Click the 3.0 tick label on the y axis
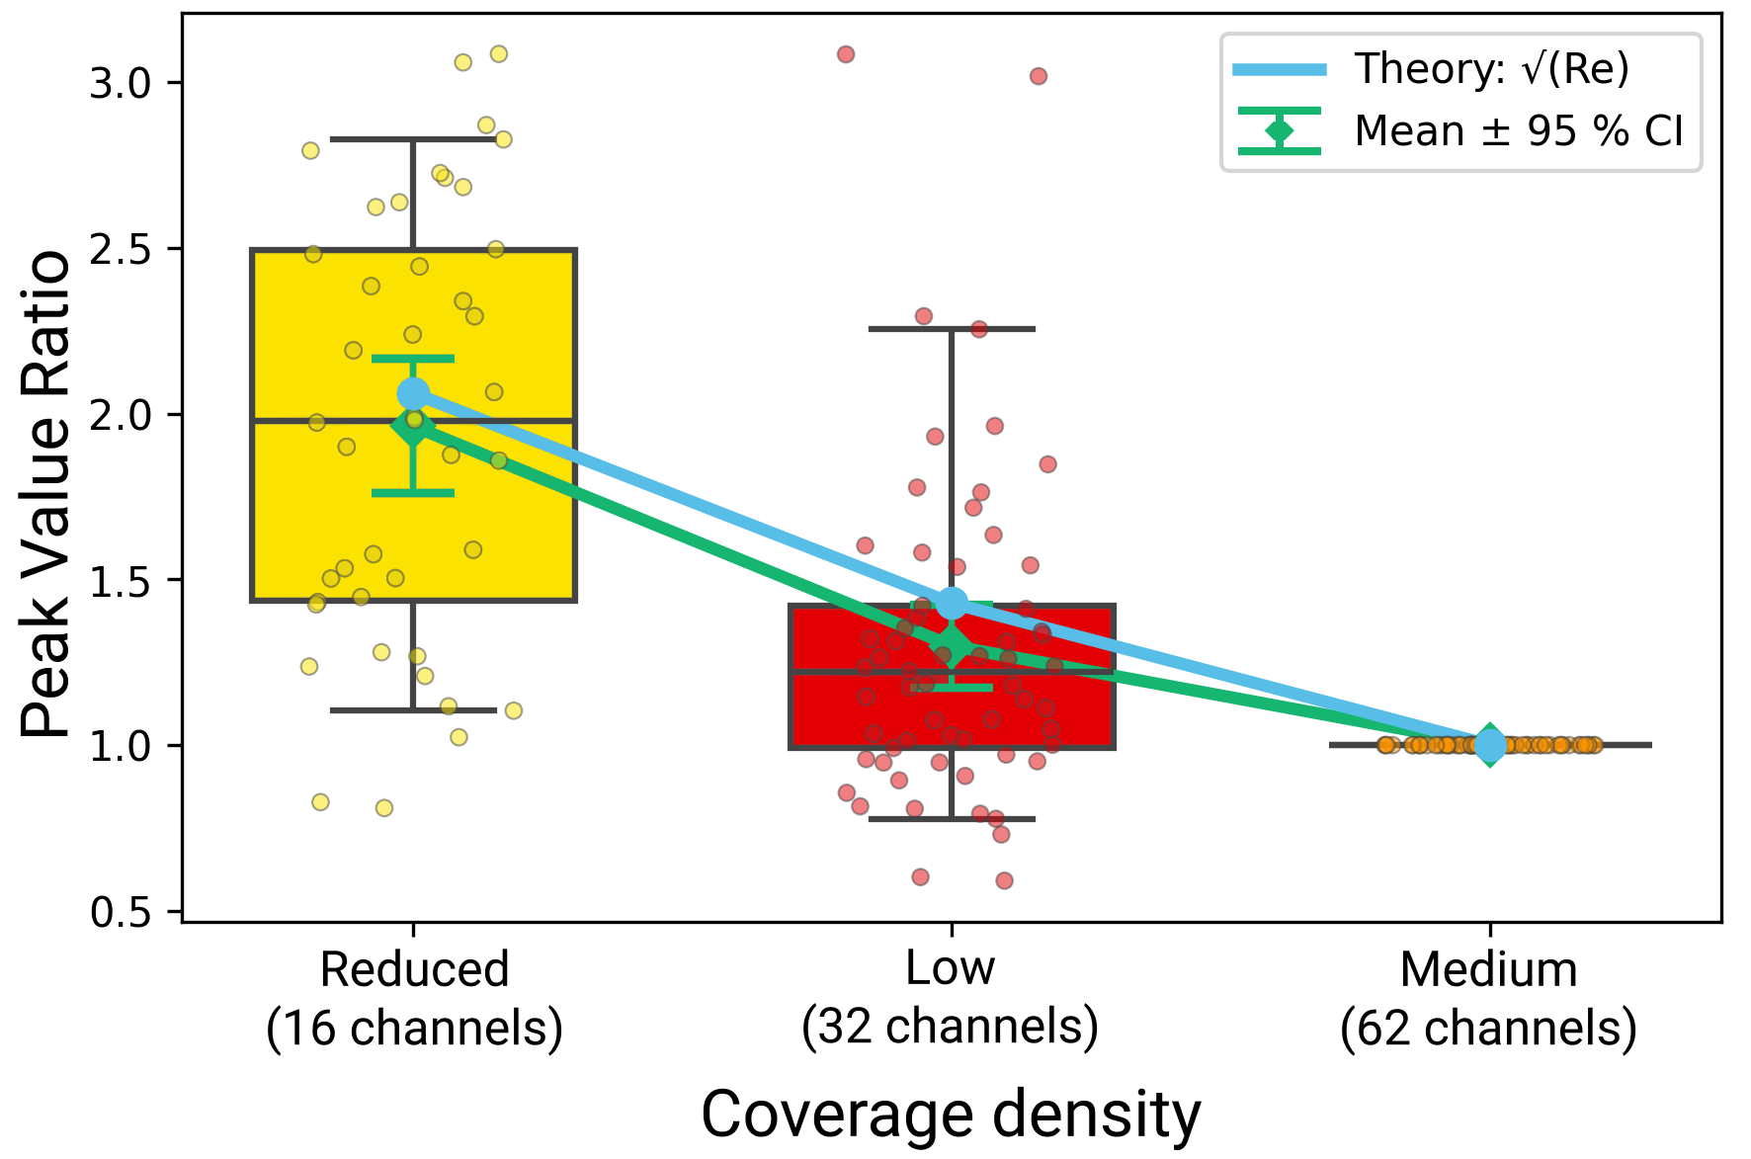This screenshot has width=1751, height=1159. pyautogui.click(x=123, y=83)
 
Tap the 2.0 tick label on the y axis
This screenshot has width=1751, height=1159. pyautogui.click(x=123, y=415)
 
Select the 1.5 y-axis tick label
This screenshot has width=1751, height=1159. pyautogui.click(x=123, y=581)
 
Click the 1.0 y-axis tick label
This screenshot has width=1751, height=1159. pyautogui.click(x=123, y=746)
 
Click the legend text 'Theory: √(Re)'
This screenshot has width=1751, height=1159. pyautogui.click(x=1491, y=69)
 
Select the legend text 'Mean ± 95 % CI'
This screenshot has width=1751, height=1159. pyautogui.click(x=1518, y=131)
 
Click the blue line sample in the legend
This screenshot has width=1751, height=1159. pyautogui.click(x=1280, y=69)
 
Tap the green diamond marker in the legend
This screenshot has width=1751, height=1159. pyautogui.click(x=1280, y=130)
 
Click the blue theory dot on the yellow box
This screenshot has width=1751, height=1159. pyautogui.click(x=413, y=393)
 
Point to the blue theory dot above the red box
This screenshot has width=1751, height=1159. pyautogui.click(x=952, y=603)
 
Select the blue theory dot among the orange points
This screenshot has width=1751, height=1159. pyautogui.click(x=1490, y=745)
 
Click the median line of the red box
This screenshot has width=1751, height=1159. pyautogui.click(x=1047, y=672)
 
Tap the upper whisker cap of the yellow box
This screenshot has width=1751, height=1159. pyautogui.click(x=413, y=139)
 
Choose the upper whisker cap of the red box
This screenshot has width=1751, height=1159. pyautogui.click(x=953, y=329)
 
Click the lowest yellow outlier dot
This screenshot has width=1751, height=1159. pyautogui.click(x=384, y=808)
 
